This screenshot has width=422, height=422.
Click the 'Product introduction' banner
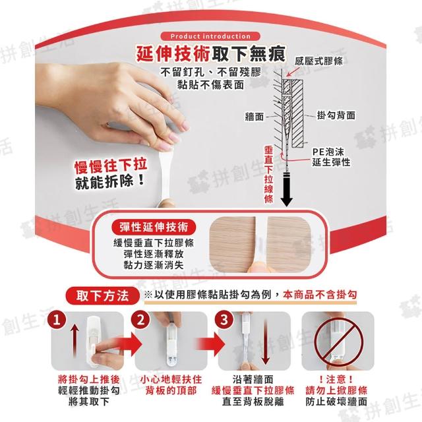click(210, 36)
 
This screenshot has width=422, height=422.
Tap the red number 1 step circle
click(57, 320)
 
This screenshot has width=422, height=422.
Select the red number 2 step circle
click(140, 320)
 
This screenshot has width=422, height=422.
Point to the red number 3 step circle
click(224, 320)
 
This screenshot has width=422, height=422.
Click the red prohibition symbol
click(338, 342)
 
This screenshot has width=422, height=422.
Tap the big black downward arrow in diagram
click(287, 190)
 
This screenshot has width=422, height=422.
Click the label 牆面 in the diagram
click(254, 117)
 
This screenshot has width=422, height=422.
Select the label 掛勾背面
click(336, 115)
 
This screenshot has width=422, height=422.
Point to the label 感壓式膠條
click(318, 61)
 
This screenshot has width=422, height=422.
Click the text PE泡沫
click(328, 152)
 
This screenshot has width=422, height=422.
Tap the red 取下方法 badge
click(103, 296)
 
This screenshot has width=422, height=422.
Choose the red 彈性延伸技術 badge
click(154, 227)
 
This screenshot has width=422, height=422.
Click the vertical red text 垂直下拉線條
click(268, 174)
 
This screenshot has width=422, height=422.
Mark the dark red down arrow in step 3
click(266, 342)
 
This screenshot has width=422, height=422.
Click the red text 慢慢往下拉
click(111, 166)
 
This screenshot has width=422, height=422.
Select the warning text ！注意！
click(336, 380)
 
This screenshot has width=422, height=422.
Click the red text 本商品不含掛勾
click(320, 295)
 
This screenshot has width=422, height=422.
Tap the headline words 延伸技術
click(173, 53)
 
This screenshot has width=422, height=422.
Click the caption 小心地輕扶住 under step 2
click(171, 380)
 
